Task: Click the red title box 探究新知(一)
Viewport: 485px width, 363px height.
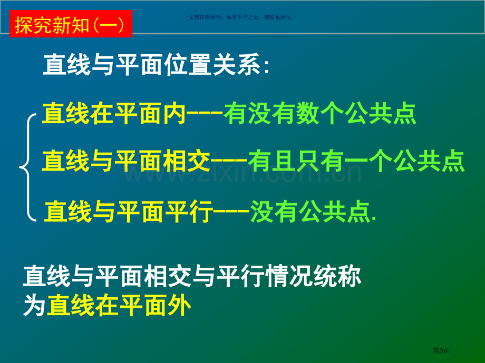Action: coord(71,24)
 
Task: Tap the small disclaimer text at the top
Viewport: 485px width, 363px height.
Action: coord(241,17)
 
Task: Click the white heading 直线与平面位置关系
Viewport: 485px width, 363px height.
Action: coord(152,65)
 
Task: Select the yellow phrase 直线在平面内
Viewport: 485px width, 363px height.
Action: coord(114,114)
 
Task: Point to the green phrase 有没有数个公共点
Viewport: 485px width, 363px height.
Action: coord(320,114)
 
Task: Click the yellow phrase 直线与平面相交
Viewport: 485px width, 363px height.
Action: coord(126,161)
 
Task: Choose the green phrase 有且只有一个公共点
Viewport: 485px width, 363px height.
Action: coord(356,161)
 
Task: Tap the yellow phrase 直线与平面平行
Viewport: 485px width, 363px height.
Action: coord(128,211)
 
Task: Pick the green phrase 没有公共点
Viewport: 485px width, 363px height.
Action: coord(310,211)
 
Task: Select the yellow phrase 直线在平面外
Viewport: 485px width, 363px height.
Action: coord(119,305)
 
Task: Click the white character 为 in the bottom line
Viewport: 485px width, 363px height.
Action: coord(35,305)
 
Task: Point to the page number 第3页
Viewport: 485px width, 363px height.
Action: coord(441,350)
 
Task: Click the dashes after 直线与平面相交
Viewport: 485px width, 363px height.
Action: coord(229,161)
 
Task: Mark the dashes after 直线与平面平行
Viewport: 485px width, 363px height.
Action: coord(231,211)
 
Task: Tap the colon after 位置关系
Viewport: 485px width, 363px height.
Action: coord(266,66)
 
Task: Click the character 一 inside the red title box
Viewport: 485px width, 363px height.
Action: coord(108,25)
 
